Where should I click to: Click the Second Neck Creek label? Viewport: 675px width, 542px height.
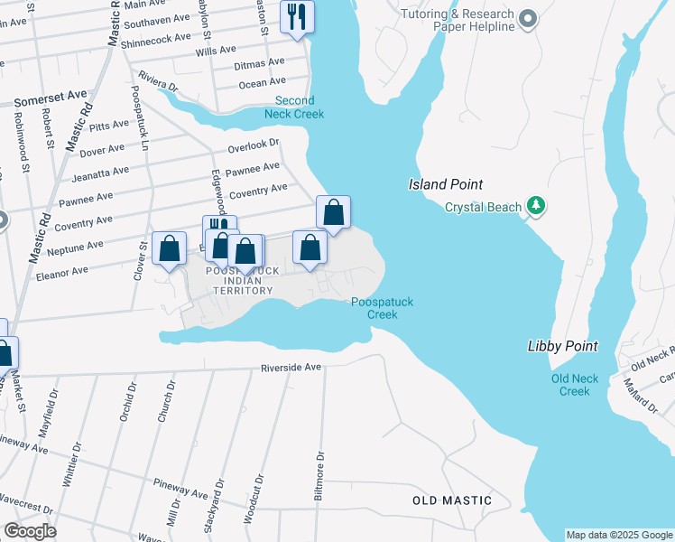tap(294, 107)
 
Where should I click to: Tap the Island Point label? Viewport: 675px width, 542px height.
tap(439, 184)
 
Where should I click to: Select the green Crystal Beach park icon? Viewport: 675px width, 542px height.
tap(537, 207)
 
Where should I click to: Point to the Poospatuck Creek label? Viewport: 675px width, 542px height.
tap(382, 308)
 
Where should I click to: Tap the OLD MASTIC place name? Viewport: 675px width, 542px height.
tap(452, 500)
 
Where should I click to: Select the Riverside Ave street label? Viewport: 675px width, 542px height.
tap(291, 368)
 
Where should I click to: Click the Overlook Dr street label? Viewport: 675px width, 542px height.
tap(254, 145)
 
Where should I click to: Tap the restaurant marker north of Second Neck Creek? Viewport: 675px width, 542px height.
tap(296, 15)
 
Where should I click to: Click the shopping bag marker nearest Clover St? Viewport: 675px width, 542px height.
tap(169, 248)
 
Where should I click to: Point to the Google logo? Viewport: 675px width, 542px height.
tap(30, 531)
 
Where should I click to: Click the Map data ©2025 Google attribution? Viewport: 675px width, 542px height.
tap(619, 535)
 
